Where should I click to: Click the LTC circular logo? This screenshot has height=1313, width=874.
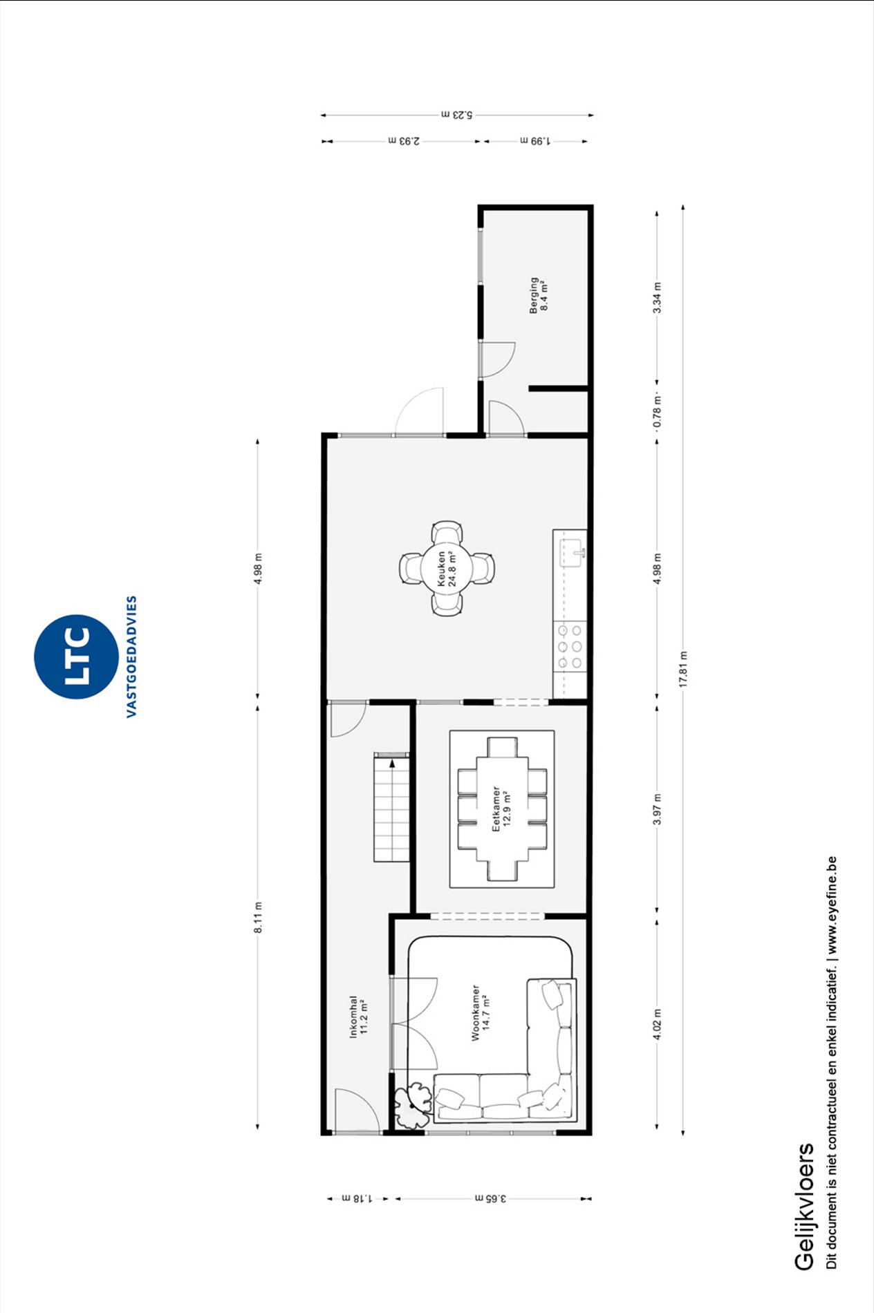point(76,656)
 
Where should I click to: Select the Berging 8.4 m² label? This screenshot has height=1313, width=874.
point(538,296)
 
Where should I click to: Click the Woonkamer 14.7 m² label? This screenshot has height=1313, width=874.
point(481,1013)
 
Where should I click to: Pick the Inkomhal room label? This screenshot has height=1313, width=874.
point(359,1017)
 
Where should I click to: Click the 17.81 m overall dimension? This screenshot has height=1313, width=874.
point(683,669)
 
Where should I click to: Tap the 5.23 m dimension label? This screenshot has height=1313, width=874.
point(457,115)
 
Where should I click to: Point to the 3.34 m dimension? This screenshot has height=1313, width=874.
point(658,298)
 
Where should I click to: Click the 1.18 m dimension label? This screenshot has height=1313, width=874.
point(357,1198)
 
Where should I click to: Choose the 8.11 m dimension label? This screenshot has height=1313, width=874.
point(258,918)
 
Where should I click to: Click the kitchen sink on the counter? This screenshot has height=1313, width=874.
point(573,553)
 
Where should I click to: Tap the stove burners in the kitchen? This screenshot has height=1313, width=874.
point(570,647)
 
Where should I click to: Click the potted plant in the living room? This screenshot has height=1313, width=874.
point(412,1105)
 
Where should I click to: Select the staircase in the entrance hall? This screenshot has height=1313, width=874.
point(391,807)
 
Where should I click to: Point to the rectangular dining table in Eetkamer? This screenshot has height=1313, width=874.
point(502,809)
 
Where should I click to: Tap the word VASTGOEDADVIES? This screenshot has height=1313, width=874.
point(131,656)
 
